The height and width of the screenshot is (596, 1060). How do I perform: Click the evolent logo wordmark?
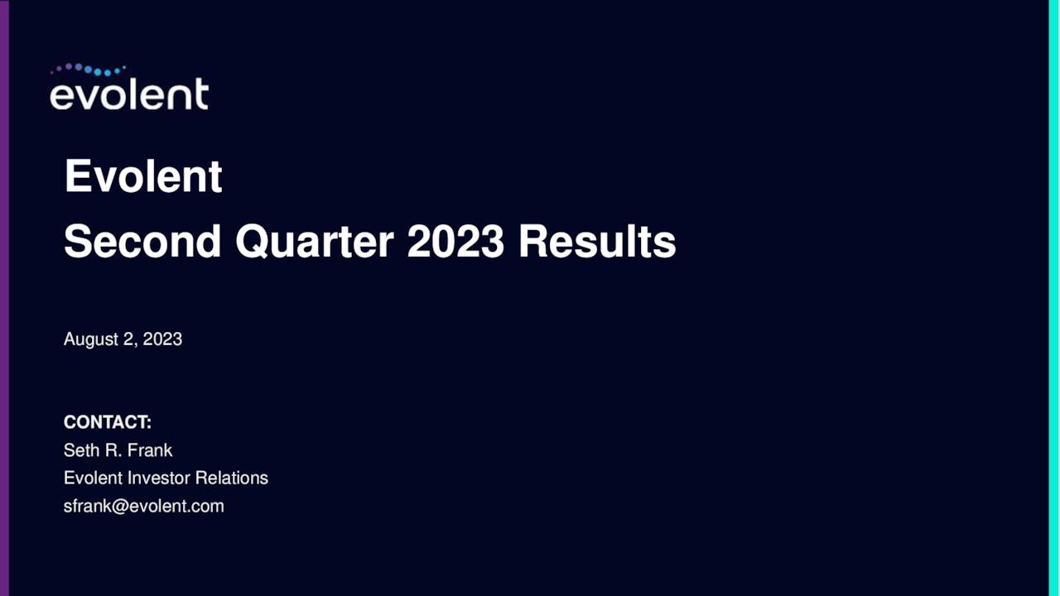pos(128,94)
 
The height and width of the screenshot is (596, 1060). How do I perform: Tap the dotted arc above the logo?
pos(88,70)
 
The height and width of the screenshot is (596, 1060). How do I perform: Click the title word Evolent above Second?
pos(143,176)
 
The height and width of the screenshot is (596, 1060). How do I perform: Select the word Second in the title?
pos(142,242)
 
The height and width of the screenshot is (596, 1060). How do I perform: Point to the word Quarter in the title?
pos(314,242)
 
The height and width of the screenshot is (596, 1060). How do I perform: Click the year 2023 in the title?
pos(455,242)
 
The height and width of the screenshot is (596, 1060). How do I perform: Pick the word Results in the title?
pos(597,242)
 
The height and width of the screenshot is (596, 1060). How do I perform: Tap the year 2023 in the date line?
pos(162,339)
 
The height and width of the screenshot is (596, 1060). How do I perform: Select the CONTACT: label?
pos(108,422)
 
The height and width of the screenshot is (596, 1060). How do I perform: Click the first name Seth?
pos(80,450)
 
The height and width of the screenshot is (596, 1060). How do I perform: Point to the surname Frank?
pos(150,450)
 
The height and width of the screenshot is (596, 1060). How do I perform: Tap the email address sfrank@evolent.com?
pos(144,507)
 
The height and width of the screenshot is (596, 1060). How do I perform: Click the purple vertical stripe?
pos(4,298)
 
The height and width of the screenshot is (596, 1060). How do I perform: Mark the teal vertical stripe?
pos(1053,298)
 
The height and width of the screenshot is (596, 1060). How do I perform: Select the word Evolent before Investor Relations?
pos(93,478)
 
